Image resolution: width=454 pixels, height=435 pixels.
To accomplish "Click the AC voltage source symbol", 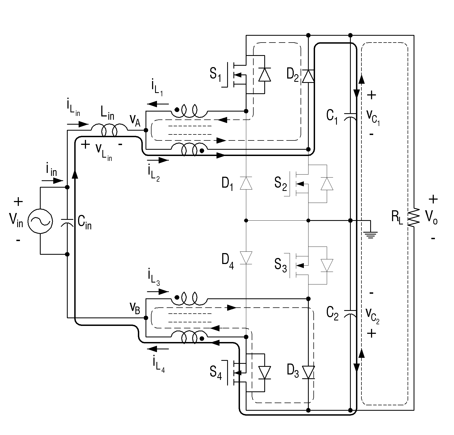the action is pyautogui.click(x=40, y=221).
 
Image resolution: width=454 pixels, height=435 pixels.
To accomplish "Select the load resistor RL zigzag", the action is pyautogui.click(x=414, y=217).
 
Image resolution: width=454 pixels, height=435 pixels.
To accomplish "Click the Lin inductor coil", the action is pyautogui.click(x=109, y=131).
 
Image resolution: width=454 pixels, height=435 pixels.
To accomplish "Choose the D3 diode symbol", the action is pyautogui.click(x=308, y=373).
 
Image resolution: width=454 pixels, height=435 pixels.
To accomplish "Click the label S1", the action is pyautogui.click(x=215, y=74).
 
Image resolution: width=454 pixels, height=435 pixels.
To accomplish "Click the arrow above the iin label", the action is pyautogui.click(x=52, y=181).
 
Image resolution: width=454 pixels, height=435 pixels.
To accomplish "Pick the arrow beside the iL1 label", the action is pyautogui.click(x=158, y=104).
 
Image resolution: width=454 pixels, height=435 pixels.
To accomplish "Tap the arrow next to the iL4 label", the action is pyautogui.click(x=158, y=348).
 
